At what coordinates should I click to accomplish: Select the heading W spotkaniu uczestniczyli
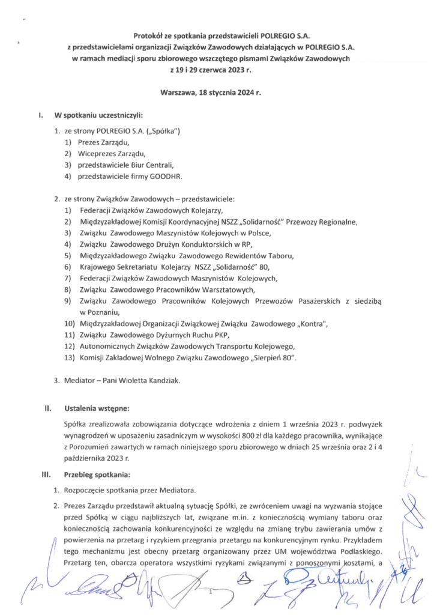tap(98, 115)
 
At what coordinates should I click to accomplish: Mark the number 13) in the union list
tap(69, 358)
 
